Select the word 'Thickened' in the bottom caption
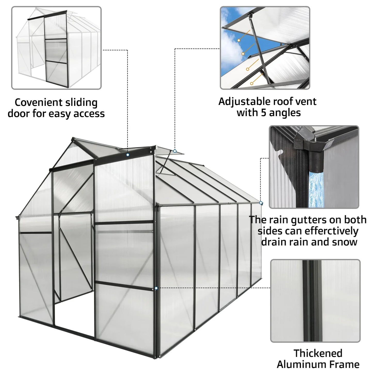pyautogui.click(x=318, y=353)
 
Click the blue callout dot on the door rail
pyautogui.click(x=128, y=155)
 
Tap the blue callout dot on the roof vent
pyautogui.click(x=175, y=151)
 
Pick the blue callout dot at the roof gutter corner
pyautogui.click(x=261, y=203)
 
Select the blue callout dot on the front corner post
pyautogui.click(x=156, y=288)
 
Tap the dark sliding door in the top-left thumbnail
pyautogui.click(x=54, y=57)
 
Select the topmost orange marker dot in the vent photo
pyautogui.click(x=239, y=40)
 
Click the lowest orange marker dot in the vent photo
pyautogui.click(x=251, y=83)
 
